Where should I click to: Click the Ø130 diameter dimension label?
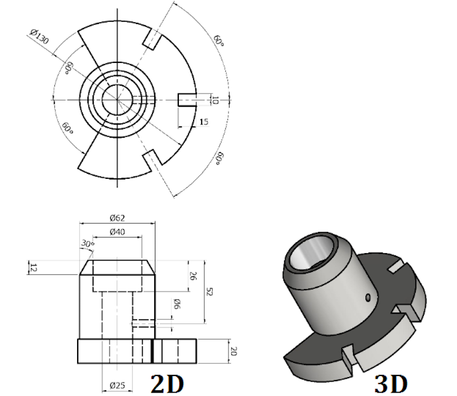coord(39,37)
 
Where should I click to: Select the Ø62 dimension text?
coord(117,218)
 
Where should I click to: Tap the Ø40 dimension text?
coord(117,232)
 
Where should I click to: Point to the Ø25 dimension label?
coord(117,386)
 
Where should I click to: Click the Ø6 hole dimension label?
coord(177,304)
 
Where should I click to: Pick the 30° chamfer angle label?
coord(87,243)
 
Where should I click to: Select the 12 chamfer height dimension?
coord(34,267)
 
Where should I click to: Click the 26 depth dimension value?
coord(193,276)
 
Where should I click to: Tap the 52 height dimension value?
coord(209,291)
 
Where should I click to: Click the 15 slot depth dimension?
coord(204,122)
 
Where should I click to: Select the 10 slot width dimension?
coord(214,101)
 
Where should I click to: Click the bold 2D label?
coord(167,384)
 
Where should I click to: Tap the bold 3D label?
coord(391,384)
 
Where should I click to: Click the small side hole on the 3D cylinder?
coord(368,298)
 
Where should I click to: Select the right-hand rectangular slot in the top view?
coord(187,100)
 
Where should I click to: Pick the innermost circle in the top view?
coord(118,100)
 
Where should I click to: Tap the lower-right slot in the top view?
coord(153,160)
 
